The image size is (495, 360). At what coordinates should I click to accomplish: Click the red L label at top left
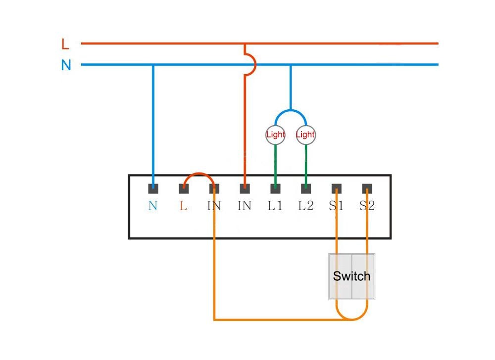(x=65, y=44)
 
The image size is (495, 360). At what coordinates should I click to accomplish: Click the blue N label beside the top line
(x=66, y=65)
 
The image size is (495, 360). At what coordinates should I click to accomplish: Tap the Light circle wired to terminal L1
(x=275, y=135)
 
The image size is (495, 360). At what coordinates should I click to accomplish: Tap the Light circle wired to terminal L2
(x=305, y=135)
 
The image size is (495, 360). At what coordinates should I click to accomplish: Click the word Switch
(x=351, y=276)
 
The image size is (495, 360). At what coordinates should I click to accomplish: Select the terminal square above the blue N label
(x=153, y=188)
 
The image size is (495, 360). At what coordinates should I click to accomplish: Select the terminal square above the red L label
(x=184, y=188)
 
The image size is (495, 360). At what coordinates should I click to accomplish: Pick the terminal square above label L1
(x=275, y=188)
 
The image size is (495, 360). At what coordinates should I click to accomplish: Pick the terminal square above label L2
(x=306, y=188)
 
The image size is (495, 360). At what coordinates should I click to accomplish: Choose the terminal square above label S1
(x=337, y=188)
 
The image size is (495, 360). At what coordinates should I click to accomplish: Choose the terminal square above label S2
(x=367, y=188)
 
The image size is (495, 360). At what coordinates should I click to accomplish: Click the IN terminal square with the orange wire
(x=214, y=188)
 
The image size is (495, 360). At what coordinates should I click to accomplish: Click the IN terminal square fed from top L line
(x=245, y=188)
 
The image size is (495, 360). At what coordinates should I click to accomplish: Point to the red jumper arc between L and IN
(x=199, y=174)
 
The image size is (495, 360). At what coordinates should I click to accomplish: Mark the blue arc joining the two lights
(x=291, y=111)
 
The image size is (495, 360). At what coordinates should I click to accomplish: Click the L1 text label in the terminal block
(x=275, y=206)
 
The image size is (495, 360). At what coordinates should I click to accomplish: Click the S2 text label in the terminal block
(x=367, y=206)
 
